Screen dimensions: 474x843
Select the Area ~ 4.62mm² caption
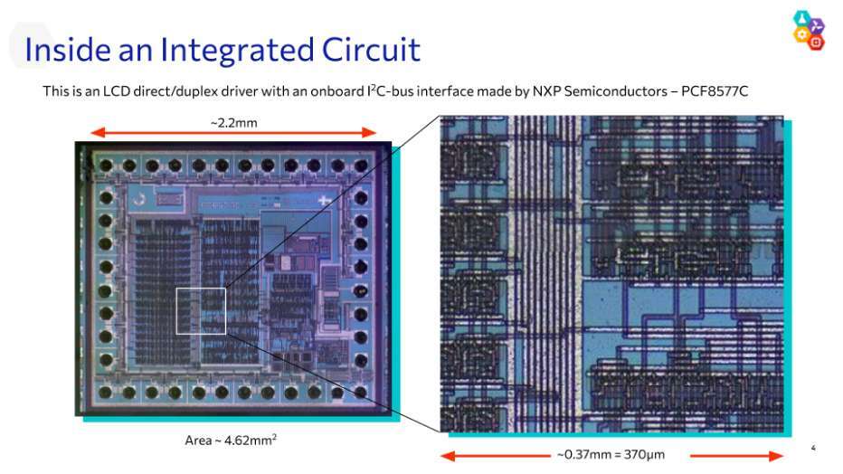[231, 441]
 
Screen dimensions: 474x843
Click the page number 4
[813, 448]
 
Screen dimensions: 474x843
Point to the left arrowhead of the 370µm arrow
[446, 455]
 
